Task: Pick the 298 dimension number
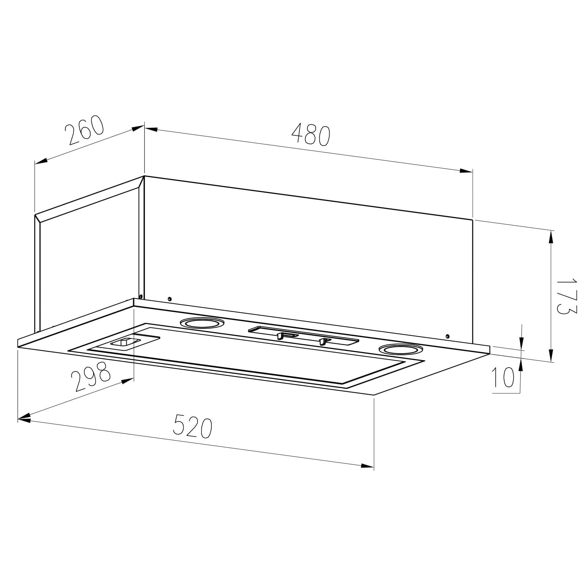(91, 376)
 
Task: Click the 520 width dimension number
(192, 426)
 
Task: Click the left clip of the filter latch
(280, 335)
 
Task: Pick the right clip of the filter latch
(323, 341)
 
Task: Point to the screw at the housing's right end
(448, 336)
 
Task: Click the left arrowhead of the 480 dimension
(151, 129)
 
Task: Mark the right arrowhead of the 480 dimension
(466, 171)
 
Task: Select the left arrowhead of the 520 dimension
(24, 420)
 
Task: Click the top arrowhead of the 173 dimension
(551, 237)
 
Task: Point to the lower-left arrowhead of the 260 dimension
(41, 161)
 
